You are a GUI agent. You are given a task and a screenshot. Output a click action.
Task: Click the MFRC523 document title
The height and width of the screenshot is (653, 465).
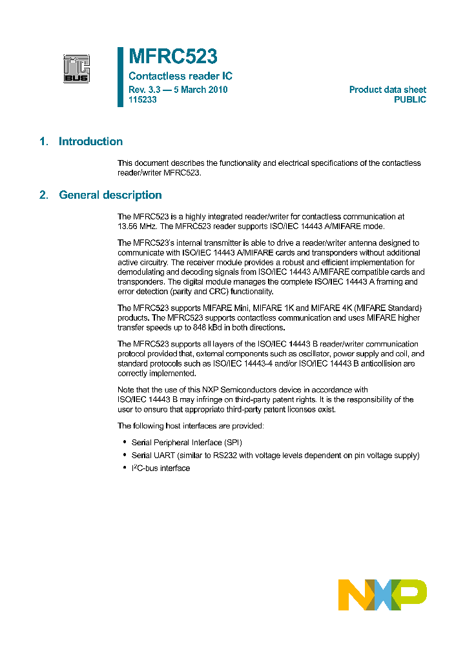pos(172,57)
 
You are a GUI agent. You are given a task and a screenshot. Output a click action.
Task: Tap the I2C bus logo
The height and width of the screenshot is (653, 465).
pos(76,69)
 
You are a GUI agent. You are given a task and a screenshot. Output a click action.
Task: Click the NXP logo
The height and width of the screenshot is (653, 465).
pos(382,594)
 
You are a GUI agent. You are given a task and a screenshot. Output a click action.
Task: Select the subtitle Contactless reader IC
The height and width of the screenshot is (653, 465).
pos(180,76)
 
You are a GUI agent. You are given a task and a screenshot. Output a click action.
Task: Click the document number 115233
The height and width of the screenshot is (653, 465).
pos(143,100)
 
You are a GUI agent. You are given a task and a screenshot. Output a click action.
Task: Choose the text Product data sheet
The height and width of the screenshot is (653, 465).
pos(387,90)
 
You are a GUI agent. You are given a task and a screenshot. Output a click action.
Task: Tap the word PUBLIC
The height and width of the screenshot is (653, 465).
pos(410,100)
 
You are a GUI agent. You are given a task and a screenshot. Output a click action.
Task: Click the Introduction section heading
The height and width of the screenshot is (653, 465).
pos(90,142)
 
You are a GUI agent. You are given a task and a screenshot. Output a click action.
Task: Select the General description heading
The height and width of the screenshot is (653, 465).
pos(110,195)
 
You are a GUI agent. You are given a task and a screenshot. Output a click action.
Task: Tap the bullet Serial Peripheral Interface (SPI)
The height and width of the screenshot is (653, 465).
pos(187,442)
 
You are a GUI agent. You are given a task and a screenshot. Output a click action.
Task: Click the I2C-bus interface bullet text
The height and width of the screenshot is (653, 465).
pos(161,468)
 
